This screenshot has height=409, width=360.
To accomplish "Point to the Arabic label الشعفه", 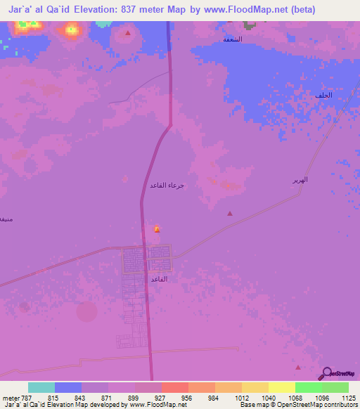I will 233,39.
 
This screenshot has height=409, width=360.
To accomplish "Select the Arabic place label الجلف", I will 323,95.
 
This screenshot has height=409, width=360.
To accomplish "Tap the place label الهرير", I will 300,181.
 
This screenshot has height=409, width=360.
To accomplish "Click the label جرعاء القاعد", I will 167,186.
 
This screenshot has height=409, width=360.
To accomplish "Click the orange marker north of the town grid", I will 156,229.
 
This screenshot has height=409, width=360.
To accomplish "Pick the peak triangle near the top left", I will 127,33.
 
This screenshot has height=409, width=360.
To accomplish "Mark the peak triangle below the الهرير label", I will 229,213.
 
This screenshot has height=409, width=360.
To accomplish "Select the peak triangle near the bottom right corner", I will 298,367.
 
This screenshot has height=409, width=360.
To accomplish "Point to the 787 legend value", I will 27,397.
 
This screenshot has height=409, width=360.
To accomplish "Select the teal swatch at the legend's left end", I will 41,387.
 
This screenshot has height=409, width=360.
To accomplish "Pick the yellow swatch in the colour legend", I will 281,387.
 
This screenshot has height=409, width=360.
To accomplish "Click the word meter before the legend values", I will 9,397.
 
